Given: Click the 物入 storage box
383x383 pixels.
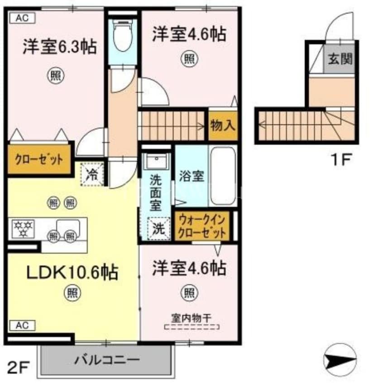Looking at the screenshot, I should coord(223,125).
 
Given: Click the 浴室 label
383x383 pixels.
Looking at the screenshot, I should coord(191,176).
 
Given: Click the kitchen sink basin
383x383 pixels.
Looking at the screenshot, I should coord(68,225).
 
